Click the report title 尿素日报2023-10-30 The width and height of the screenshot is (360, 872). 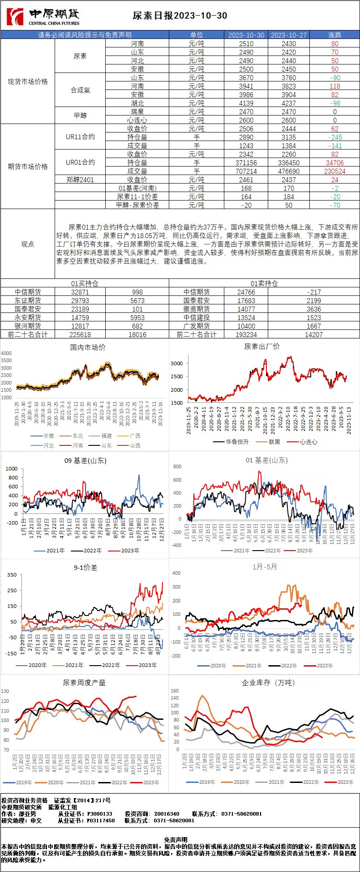coord(180,16)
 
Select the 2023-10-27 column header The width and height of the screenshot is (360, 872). coord(289,35)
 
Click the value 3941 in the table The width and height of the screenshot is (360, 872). coord(246,86)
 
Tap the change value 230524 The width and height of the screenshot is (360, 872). coord(334,171)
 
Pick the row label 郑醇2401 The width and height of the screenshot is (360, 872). coord(80,180)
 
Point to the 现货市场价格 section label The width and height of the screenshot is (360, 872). coord(28,81)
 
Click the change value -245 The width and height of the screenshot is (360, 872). coord(334,137)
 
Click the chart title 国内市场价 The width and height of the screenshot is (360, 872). coord(88,347)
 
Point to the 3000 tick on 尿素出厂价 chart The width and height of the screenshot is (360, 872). coord(177,363)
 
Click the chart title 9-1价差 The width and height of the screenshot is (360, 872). coord(85,567)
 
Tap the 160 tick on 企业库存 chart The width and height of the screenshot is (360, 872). coord(175,691)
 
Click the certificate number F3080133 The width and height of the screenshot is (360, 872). coord(99,813)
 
